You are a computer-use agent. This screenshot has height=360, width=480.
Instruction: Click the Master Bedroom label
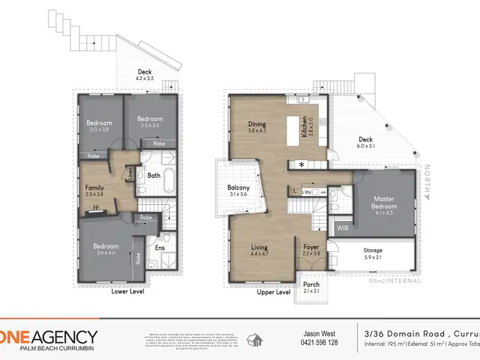coord(384,202)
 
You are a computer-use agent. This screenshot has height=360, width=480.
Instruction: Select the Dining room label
coord(257,124)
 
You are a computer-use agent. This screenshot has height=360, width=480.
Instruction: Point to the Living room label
coord(259,247)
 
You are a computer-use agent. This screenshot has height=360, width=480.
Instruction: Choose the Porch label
coord(311,284)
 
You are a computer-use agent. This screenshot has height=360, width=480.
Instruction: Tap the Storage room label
coord(373,250)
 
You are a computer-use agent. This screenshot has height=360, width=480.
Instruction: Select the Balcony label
coord(238,188)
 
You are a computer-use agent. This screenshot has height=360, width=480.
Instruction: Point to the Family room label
coord(95,188)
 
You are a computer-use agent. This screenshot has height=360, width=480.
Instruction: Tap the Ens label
coord(160,245)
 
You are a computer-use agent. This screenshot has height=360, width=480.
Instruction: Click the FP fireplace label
coord(96,208)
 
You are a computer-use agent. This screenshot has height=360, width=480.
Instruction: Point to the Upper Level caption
coord(273,292)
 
